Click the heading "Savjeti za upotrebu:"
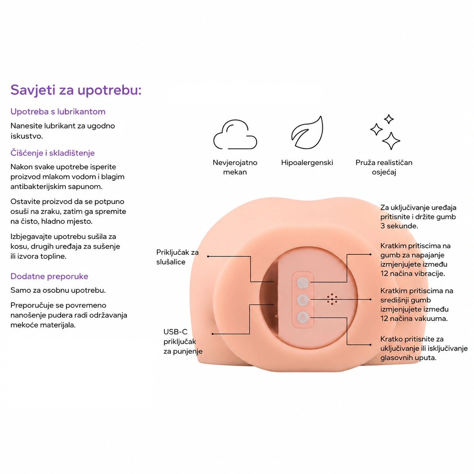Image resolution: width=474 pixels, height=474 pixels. [x=76, y=90]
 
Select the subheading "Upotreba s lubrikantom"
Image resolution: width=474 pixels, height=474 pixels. [x=58, y=112]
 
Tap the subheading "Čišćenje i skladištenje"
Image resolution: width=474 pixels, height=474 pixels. [x=53, y=153]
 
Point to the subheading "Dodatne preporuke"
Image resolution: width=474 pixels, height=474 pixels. [x=49, y=276]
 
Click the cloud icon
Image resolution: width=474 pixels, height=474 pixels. [x=235, y=135]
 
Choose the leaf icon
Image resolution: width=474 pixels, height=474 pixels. [x=307, y=133]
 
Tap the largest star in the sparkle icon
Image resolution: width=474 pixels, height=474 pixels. [x=391, y=141]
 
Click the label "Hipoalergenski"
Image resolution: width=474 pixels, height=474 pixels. [x=307, y=163]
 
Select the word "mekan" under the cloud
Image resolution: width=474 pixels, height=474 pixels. [x=235, y=172]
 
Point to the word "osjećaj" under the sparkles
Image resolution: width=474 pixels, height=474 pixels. [x=384, y=172]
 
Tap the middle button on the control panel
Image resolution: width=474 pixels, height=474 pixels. [x=303, y=300]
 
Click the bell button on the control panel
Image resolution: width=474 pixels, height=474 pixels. [x=303, y=317]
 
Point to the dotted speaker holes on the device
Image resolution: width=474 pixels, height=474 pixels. [x=332, y=299]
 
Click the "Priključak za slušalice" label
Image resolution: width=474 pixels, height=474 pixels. [x=177, y=257]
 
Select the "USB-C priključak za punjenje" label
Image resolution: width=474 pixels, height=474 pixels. [x=183, y=341]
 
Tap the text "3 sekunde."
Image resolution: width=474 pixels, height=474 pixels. [x=399, y=226]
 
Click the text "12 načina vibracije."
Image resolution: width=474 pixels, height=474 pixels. [x=412, y=274]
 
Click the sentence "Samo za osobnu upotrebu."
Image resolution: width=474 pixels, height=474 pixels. [x=58, y=290]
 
